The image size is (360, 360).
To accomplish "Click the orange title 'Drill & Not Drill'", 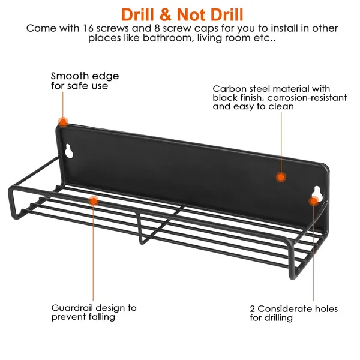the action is pos(182,14).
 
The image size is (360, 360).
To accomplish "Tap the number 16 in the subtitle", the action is pos(88,28).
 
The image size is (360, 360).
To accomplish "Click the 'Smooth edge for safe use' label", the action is pos(85,81).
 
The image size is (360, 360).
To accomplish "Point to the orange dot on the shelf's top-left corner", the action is pos(63,122).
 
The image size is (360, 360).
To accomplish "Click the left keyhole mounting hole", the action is pos(69,151).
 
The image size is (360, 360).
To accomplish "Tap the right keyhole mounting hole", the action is pos(316,193).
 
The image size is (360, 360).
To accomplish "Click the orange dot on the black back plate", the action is pos(281,177).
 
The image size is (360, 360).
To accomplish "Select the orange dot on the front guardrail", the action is pos(94,201).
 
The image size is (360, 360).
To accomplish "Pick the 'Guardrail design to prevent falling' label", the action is pos(94,312).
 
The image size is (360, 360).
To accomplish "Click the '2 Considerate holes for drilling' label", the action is pos(294,313).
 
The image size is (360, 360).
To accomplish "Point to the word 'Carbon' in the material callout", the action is pos(226,89).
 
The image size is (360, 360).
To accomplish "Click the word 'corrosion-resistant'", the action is pos(307,98).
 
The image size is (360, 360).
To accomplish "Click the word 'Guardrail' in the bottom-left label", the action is pos(72,308).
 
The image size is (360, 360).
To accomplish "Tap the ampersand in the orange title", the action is pos(166,15).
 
